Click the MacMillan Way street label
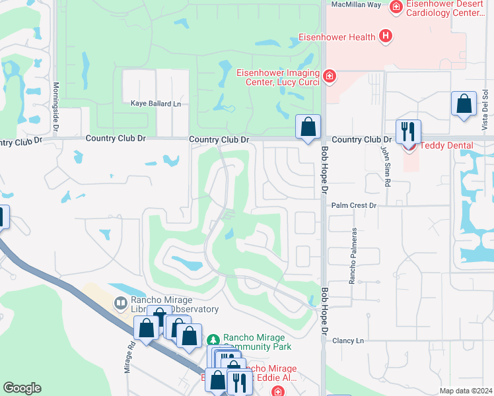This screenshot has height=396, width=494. pyautogui.click(x=356, y=5)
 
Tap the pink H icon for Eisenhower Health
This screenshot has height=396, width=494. pyautogui.click(x=386, y=38)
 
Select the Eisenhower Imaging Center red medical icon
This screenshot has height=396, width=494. pyautogui.click(x=330, y=77)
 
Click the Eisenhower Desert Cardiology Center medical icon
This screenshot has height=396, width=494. pyautogui.click(x=396, y=7)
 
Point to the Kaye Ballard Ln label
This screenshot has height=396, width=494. pyautogui.click(x=155, y=104)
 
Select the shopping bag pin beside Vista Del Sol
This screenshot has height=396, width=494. pyautogui.click(x=464, y=104)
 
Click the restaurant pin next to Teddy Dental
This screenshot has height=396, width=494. pyautogui.click(x=408, y=131)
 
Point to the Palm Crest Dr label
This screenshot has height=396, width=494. pyautogui.click(x=353, y=206)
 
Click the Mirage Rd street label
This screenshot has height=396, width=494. pyautogui.click(x=129, y=356)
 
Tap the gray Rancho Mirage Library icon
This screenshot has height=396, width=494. pyautogui.click(x=120, y=304)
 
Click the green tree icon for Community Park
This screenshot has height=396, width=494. pyautogui.click(x=213, y=340)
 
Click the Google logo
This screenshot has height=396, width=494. pyautogui.click(x=22, y=388)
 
